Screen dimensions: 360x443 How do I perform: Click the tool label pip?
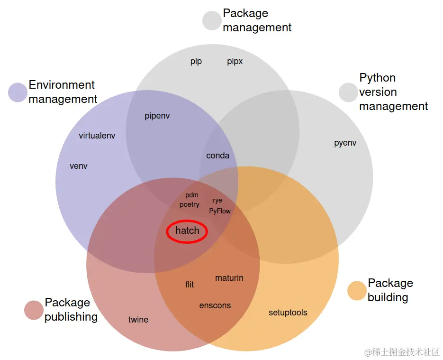click(196, 61)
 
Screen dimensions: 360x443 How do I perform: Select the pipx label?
click(235, 61)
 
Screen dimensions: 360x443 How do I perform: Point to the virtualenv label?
click(97, 136)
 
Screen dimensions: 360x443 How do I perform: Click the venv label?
click(79, 166)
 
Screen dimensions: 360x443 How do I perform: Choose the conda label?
click(218, 156)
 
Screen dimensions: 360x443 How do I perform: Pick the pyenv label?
click(345, 143)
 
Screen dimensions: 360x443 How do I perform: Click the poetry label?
click(190, 204)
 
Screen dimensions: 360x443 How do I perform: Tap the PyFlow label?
click(220, 211)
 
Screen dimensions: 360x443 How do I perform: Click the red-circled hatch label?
click(187, 231)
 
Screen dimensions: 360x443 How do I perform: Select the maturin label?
click(229, 278)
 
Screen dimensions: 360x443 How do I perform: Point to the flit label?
click(190, 285)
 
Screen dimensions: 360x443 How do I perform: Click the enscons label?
click(215, 305)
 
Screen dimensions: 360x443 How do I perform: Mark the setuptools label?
click(288, 313)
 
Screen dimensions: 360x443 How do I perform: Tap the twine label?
click(138, 320)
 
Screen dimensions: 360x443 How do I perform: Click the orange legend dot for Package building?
click(357, 291)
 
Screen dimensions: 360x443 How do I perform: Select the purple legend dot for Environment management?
click(18, 92)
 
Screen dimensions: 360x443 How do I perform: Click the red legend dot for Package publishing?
click(34, 310)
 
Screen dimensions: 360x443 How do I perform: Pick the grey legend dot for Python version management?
click(348, 92)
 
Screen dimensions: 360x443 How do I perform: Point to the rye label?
click(217, 201)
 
